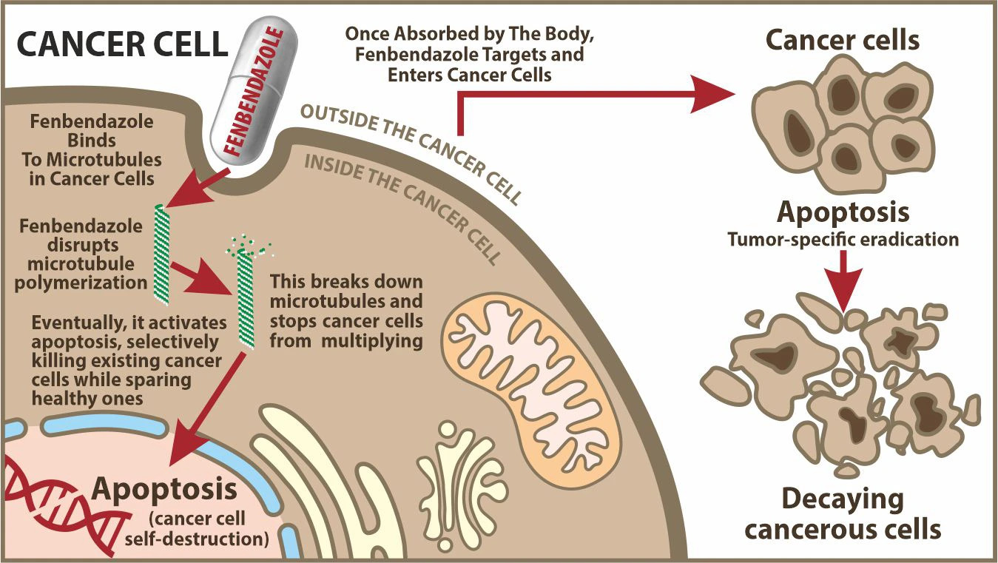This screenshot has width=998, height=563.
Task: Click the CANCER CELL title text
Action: pos(122,44)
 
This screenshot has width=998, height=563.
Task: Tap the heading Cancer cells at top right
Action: pos(843,40)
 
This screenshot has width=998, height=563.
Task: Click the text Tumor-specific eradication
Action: pos(843,240)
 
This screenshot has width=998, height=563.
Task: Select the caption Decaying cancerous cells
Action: pos(843,515)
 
